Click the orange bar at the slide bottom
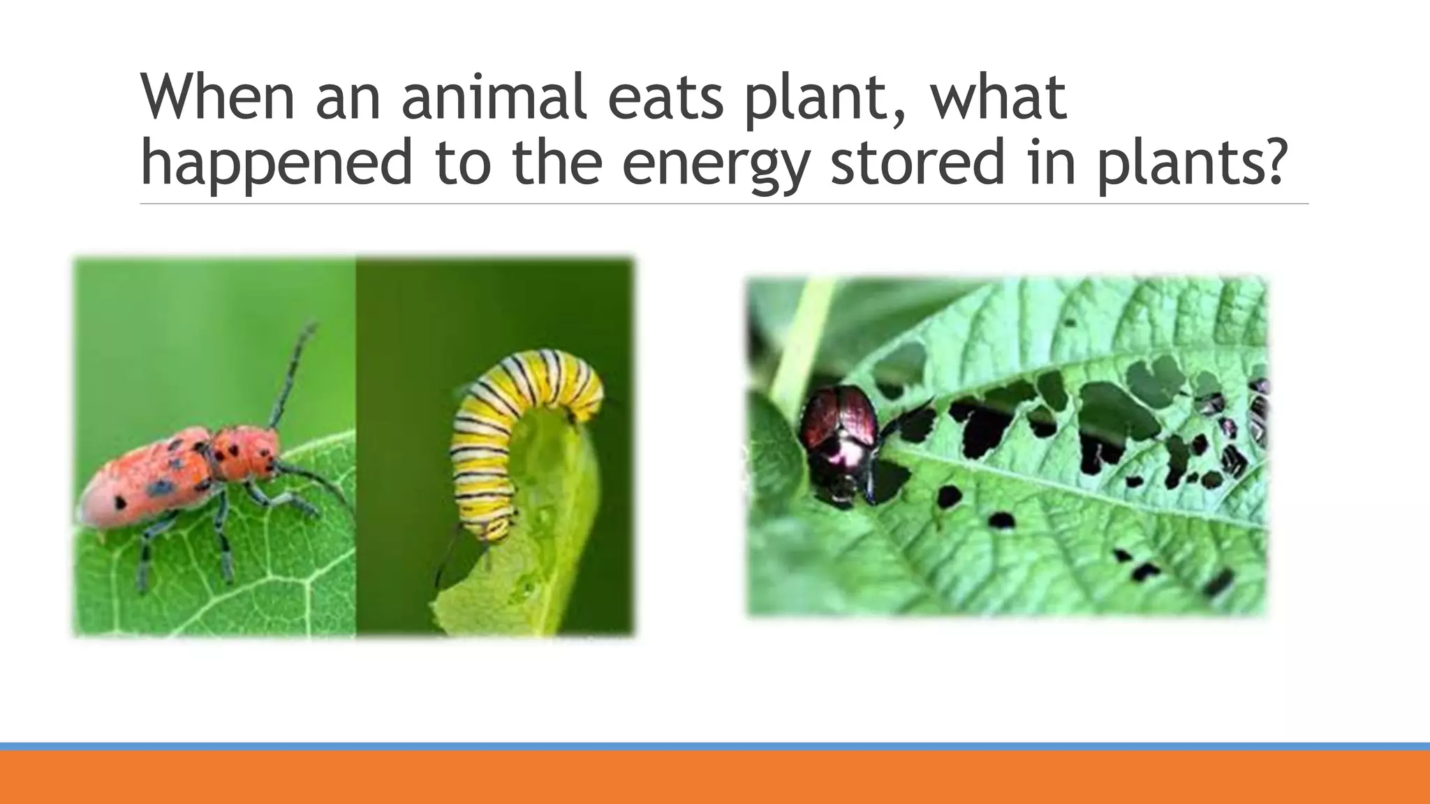pyautogui.click(x=715, y=778)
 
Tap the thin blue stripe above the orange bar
pyautogui.click(x=715, y=747)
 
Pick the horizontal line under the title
pyautogui.click(x=723, y=204)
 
